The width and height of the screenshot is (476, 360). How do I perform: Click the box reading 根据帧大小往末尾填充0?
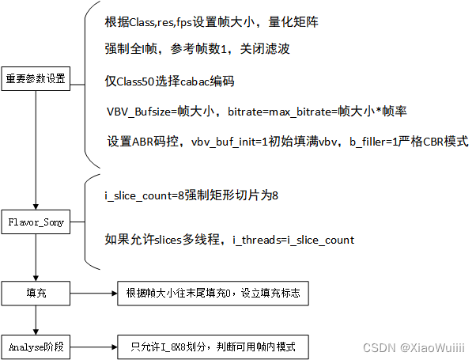pyautogui.click(x=213, y=292)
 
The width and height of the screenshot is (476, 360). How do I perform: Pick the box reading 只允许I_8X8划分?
pyautogui.click(x=213, y=347)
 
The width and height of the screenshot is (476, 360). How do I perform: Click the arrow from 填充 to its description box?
pyautogui.click(x=94, y=292)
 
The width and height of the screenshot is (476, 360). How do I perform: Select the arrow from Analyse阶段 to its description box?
pyautogui.click(x=94, y=347)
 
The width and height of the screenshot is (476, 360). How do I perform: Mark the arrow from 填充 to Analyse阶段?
pyautogui.click(x=36, y=320)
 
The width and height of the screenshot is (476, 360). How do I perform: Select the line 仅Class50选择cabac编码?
pyautogui.click(x=171, y=82)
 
